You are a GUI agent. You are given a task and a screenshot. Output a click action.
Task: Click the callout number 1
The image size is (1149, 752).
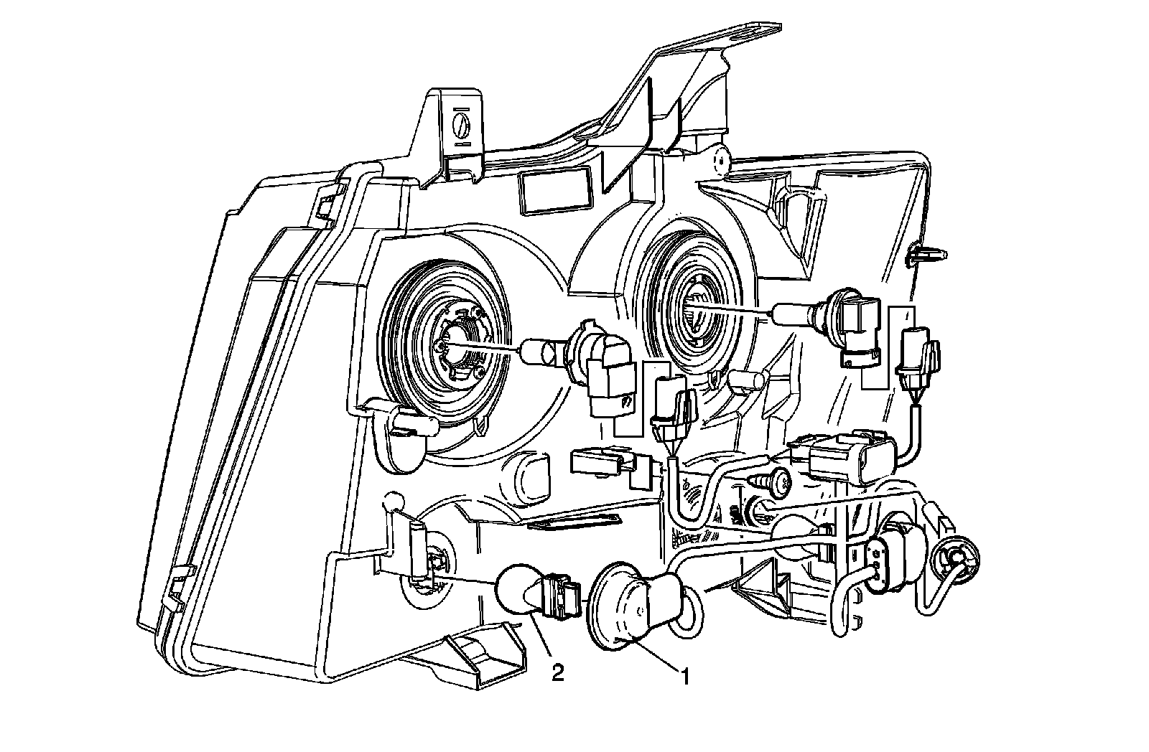[x=685, y=675]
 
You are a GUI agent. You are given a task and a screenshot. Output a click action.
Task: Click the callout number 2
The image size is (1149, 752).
[x=557, y=672]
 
